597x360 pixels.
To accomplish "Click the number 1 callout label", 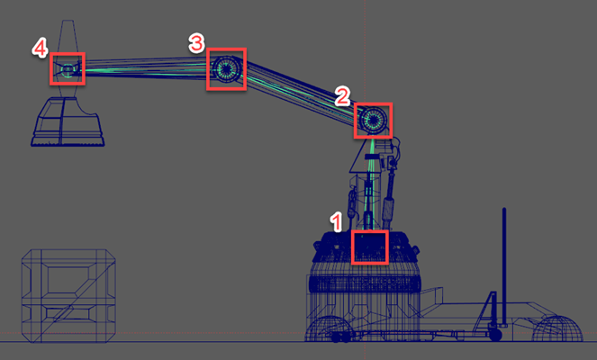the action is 336,222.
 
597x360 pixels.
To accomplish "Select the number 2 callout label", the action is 342,96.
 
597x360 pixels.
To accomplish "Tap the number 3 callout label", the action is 196,42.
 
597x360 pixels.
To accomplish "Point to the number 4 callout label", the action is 40,49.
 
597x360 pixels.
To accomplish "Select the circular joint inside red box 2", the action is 373,120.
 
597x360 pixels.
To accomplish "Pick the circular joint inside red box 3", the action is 226,69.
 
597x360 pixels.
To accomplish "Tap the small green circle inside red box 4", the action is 68,70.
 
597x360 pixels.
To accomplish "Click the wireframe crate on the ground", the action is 68,296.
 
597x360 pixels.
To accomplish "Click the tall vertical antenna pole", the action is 504,266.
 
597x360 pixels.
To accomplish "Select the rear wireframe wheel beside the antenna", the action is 557,328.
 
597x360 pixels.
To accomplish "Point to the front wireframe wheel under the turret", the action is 328,328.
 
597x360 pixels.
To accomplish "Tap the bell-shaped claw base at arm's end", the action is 68,121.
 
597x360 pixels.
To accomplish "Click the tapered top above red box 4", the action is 68,37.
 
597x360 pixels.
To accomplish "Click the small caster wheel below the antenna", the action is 495,334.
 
